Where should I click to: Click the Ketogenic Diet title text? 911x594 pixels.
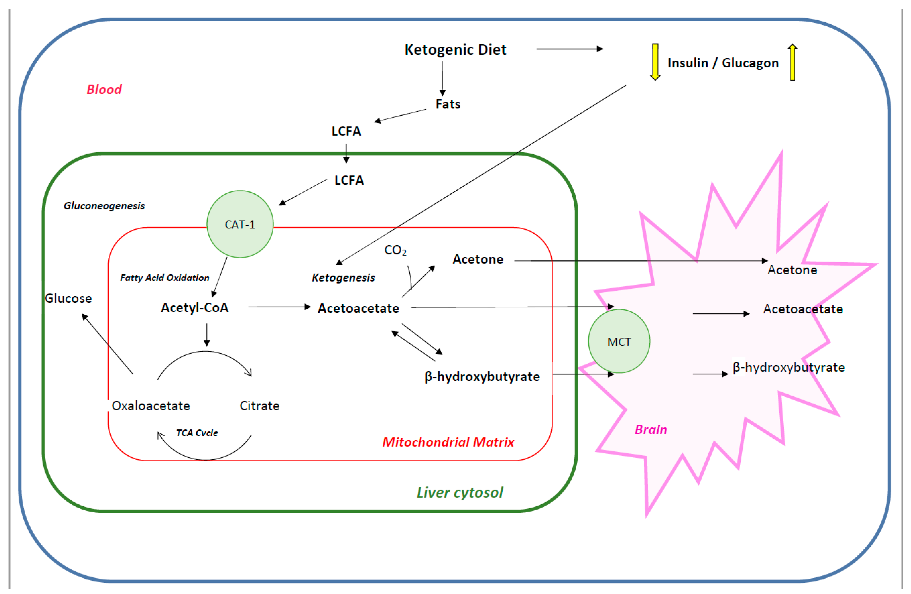(x=455, y=50)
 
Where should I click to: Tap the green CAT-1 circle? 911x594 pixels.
(x=240, y=224)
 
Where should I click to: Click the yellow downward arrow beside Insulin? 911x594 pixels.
(x=655, y=61)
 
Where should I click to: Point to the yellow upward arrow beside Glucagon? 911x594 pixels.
(x=792, y=62)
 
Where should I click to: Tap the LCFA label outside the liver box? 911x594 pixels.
(x=346, y=131)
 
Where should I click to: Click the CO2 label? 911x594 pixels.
(x=395, y=250)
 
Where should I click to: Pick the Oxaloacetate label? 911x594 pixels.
(x=151, y=406)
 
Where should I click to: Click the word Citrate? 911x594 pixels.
(x=259, y=406)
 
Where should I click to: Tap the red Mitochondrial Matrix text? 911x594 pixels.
(x=448, y=442)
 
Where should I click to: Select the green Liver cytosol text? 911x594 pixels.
(x=459, y=493)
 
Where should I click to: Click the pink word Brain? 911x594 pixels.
(x=651, y=429)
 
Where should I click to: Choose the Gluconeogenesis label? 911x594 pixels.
(x=104, y=206)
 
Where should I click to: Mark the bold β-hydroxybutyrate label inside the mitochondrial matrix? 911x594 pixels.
(x=482, y=377)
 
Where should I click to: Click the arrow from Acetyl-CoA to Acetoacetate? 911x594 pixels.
(x=280, y=307)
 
